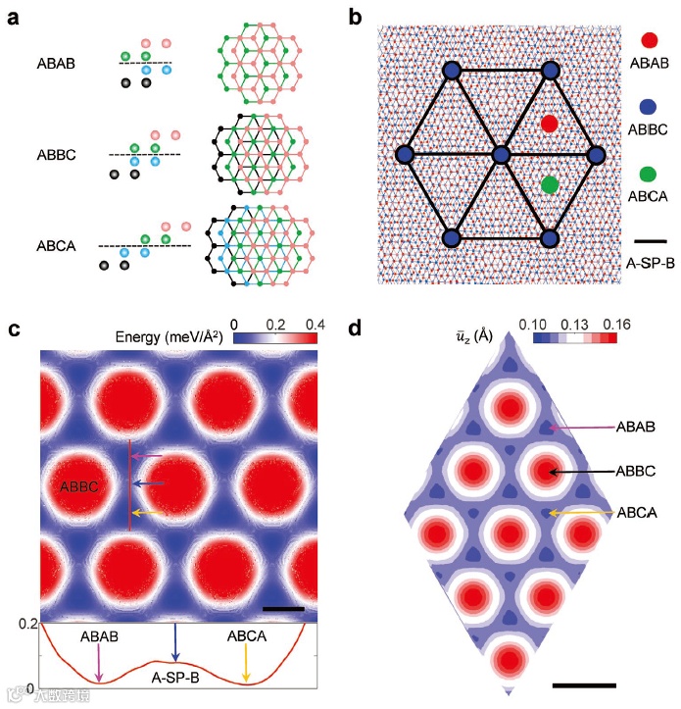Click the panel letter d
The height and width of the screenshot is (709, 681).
(359, 329)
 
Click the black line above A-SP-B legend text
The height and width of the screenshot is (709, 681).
(647, 239)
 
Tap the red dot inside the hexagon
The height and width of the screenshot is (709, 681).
(550, 124)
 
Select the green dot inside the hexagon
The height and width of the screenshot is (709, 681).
(550, 183)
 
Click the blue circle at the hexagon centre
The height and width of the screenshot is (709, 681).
(501, 155)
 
